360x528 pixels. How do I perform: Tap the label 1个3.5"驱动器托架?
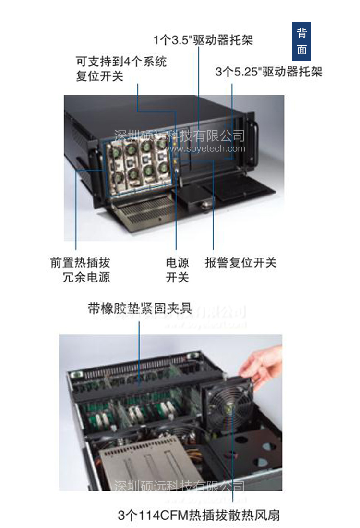click(x=203, y=39)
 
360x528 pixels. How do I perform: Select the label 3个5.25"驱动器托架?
click(x=268, y=72)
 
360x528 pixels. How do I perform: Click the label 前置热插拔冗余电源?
click(x=80, y=270)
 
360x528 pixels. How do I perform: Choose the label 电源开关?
click(x=177, y=270)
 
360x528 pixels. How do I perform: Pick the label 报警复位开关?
click(x=240, y=263)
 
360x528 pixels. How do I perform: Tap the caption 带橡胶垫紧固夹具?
click(x=140, y=308)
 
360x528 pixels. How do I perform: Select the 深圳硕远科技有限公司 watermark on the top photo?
click(x=179, y=136)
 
